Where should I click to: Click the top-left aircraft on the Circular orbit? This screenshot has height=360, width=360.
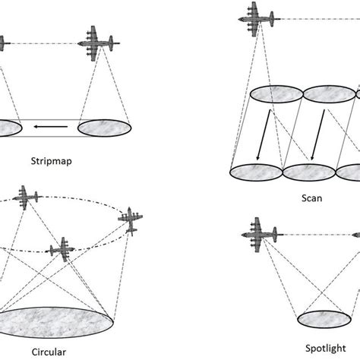tap(27, 197)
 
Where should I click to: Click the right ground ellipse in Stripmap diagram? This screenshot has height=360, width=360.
tap(105, 126)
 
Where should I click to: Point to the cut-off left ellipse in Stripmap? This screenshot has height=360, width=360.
tap(9, 126)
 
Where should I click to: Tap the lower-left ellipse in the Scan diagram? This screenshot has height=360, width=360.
tap(256, 173)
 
